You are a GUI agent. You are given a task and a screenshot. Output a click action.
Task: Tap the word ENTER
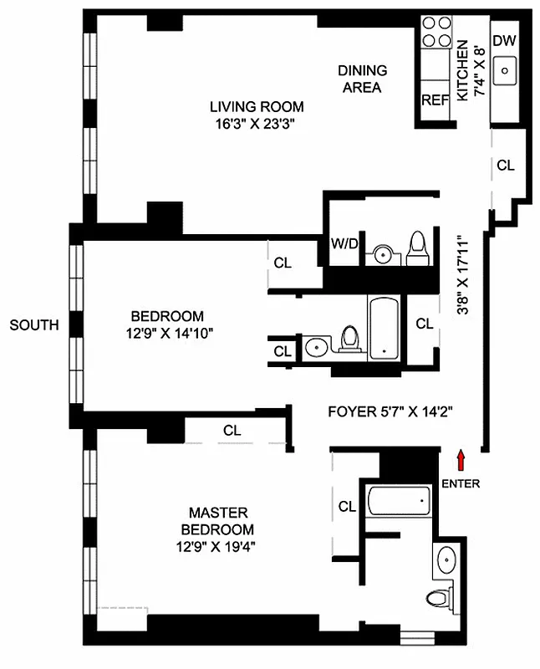[x=461, y=483]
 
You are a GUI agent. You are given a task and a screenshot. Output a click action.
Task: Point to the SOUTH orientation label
[x=34, y=324]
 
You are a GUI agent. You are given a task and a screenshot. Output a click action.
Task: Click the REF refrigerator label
[x=435, y=100]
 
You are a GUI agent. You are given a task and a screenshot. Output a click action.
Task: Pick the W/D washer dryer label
[x=344, y=244]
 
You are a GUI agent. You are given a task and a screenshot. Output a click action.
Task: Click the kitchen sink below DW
[x=505, y=70]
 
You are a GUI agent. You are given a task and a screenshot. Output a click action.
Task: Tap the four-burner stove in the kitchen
[x=435, y=33]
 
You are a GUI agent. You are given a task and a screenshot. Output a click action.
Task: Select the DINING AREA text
[x=362, y=79]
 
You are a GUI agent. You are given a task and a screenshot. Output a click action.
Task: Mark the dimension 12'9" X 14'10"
[x=167, y=332]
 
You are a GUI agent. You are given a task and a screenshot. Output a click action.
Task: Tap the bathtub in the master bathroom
[x=399, y=502]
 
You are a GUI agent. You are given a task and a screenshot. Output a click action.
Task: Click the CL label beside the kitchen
[x=506, y=165]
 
